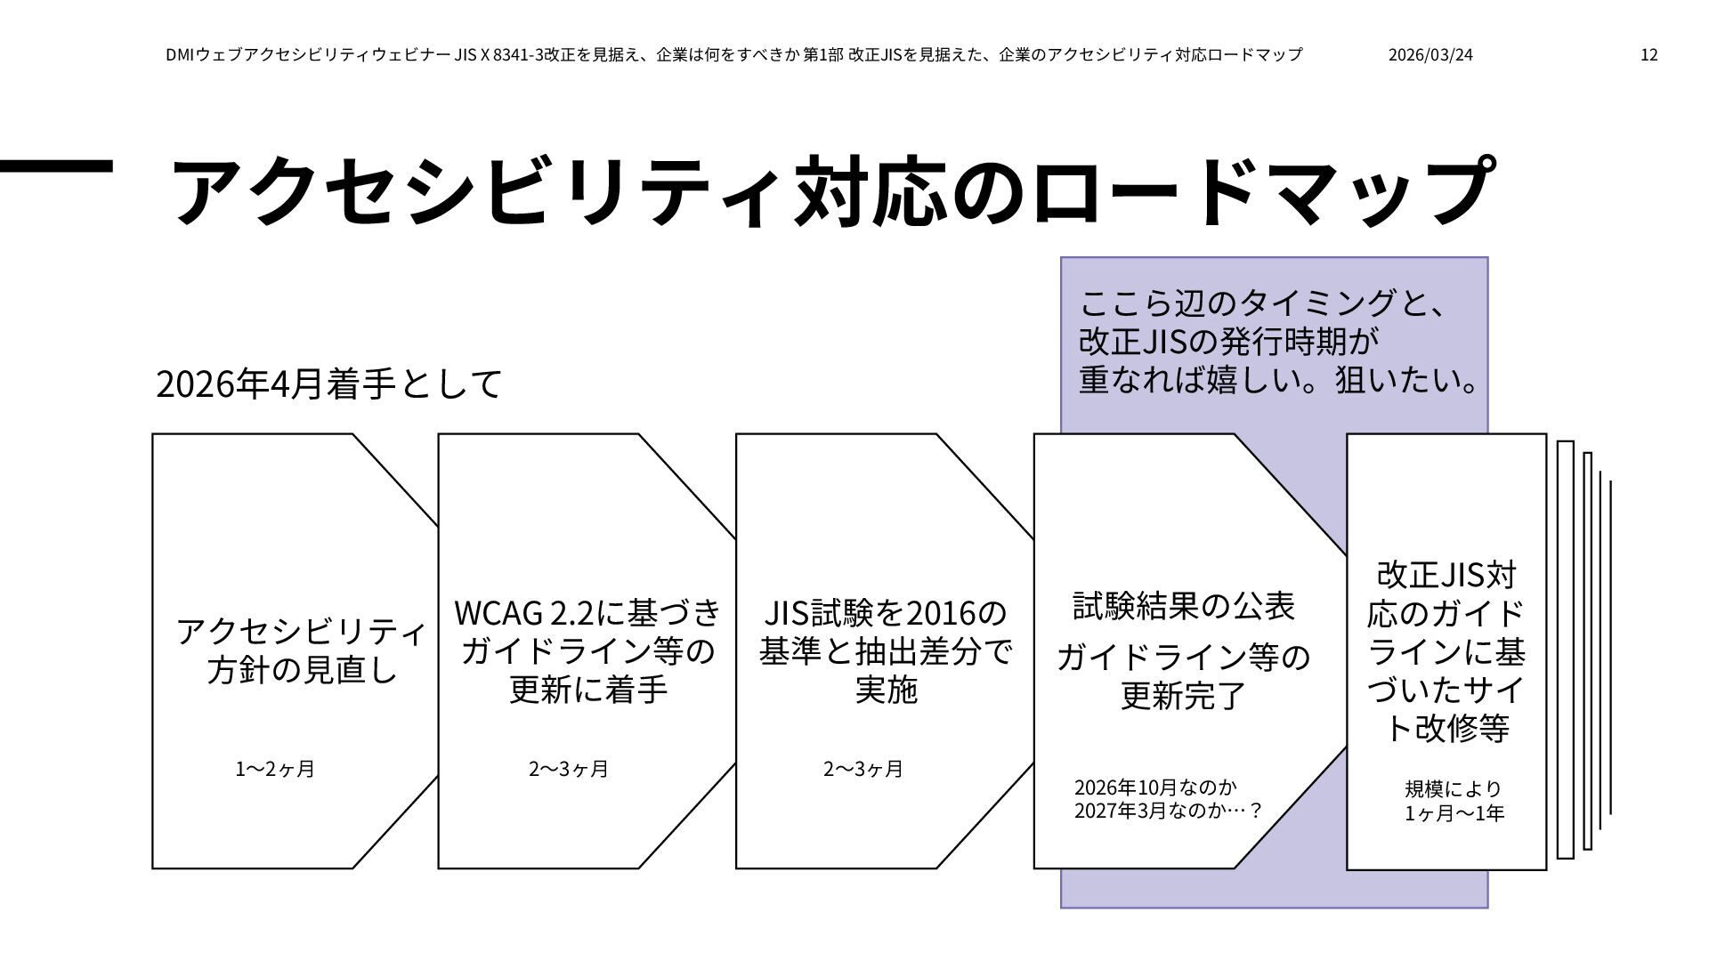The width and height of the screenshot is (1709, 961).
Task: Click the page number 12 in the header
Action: pos(1648,55)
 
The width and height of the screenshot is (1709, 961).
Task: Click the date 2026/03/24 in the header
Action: pos(1430,55)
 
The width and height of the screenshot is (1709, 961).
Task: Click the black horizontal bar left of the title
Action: pos(56,165)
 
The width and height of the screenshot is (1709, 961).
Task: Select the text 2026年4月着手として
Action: pos(328,384)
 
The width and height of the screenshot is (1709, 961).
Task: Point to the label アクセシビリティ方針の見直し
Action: pos(301,650)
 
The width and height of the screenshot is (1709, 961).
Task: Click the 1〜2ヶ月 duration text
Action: pos(275,770)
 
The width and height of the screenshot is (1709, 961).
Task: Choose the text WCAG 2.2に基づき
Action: pos(587,613)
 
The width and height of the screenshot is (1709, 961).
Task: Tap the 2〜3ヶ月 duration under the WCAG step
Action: pos(569,770)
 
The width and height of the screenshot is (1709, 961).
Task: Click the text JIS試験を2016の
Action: pos(886,613)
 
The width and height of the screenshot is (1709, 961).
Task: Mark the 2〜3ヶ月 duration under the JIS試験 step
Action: pos(863,770)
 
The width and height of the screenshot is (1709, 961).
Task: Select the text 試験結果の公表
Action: pos(1183,607)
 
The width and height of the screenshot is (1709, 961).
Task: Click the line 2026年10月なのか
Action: pos(1155,787)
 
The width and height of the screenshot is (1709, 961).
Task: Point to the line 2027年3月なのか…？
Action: pos(1168,812)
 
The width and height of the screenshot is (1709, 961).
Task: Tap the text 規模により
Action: pos(1454,789)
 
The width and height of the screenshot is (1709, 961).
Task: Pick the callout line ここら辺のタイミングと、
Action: pos(1264,304)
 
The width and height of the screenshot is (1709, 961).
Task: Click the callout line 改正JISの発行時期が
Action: pos(1228,342)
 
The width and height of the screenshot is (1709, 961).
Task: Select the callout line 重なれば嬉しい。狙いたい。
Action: pos(1278,380)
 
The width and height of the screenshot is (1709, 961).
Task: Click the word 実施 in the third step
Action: pos(886,690)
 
